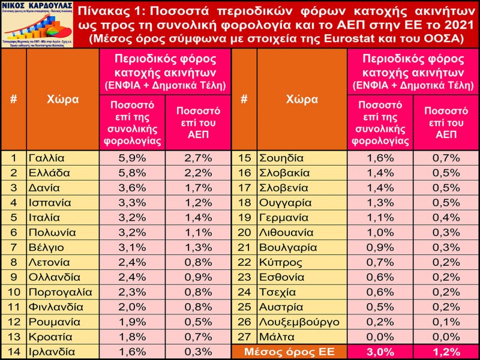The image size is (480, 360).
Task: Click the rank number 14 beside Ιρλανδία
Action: (13, 352)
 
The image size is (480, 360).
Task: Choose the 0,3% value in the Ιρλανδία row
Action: (197, 352)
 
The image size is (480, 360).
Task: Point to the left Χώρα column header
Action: (62, 99)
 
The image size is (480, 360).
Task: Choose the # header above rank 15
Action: (244, 99)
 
